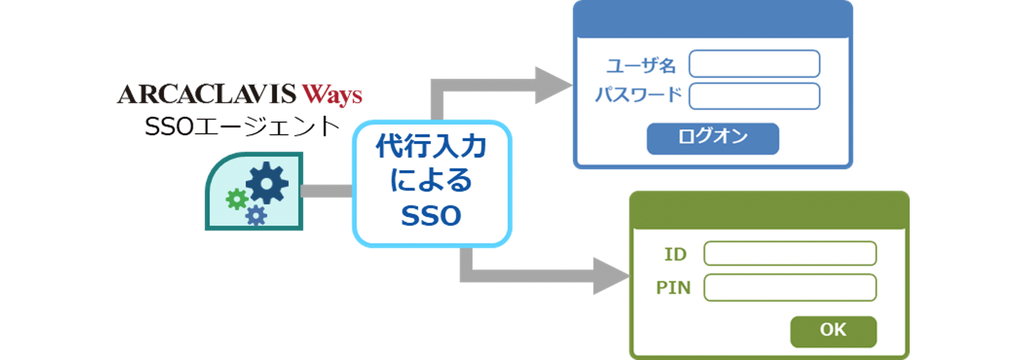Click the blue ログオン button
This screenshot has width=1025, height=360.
[712, 138]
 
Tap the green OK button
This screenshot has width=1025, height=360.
[833, 331]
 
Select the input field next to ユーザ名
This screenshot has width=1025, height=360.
[754, 64]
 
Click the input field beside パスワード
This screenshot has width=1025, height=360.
[754, 96]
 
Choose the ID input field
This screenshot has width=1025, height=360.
[789, 254]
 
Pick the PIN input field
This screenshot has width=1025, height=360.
[789, 288]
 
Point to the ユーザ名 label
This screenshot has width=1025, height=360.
[641, 65]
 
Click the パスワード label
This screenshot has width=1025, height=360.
[638, 95]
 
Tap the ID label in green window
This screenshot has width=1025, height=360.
[675, 254]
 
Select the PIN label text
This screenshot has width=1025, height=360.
[673, 288]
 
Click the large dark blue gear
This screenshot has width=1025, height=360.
[267, 183]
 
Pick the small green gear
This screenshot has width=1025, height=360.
[237, 200]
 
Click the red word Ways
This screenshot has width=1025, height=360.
[332, 95]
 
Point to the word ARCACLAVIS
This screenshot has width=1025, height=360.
[198, 94]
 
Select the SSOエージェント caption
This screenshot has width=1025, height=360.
[242, 127]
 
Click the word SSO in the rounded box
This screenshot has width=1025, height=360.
[431, 216]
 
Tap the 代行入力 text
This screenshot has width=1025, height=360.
[431, 147]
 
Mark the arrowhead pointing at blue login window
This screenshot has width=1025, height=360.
[552, 85]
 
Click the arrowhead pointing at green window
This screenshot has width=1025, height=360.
[610, 276]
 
